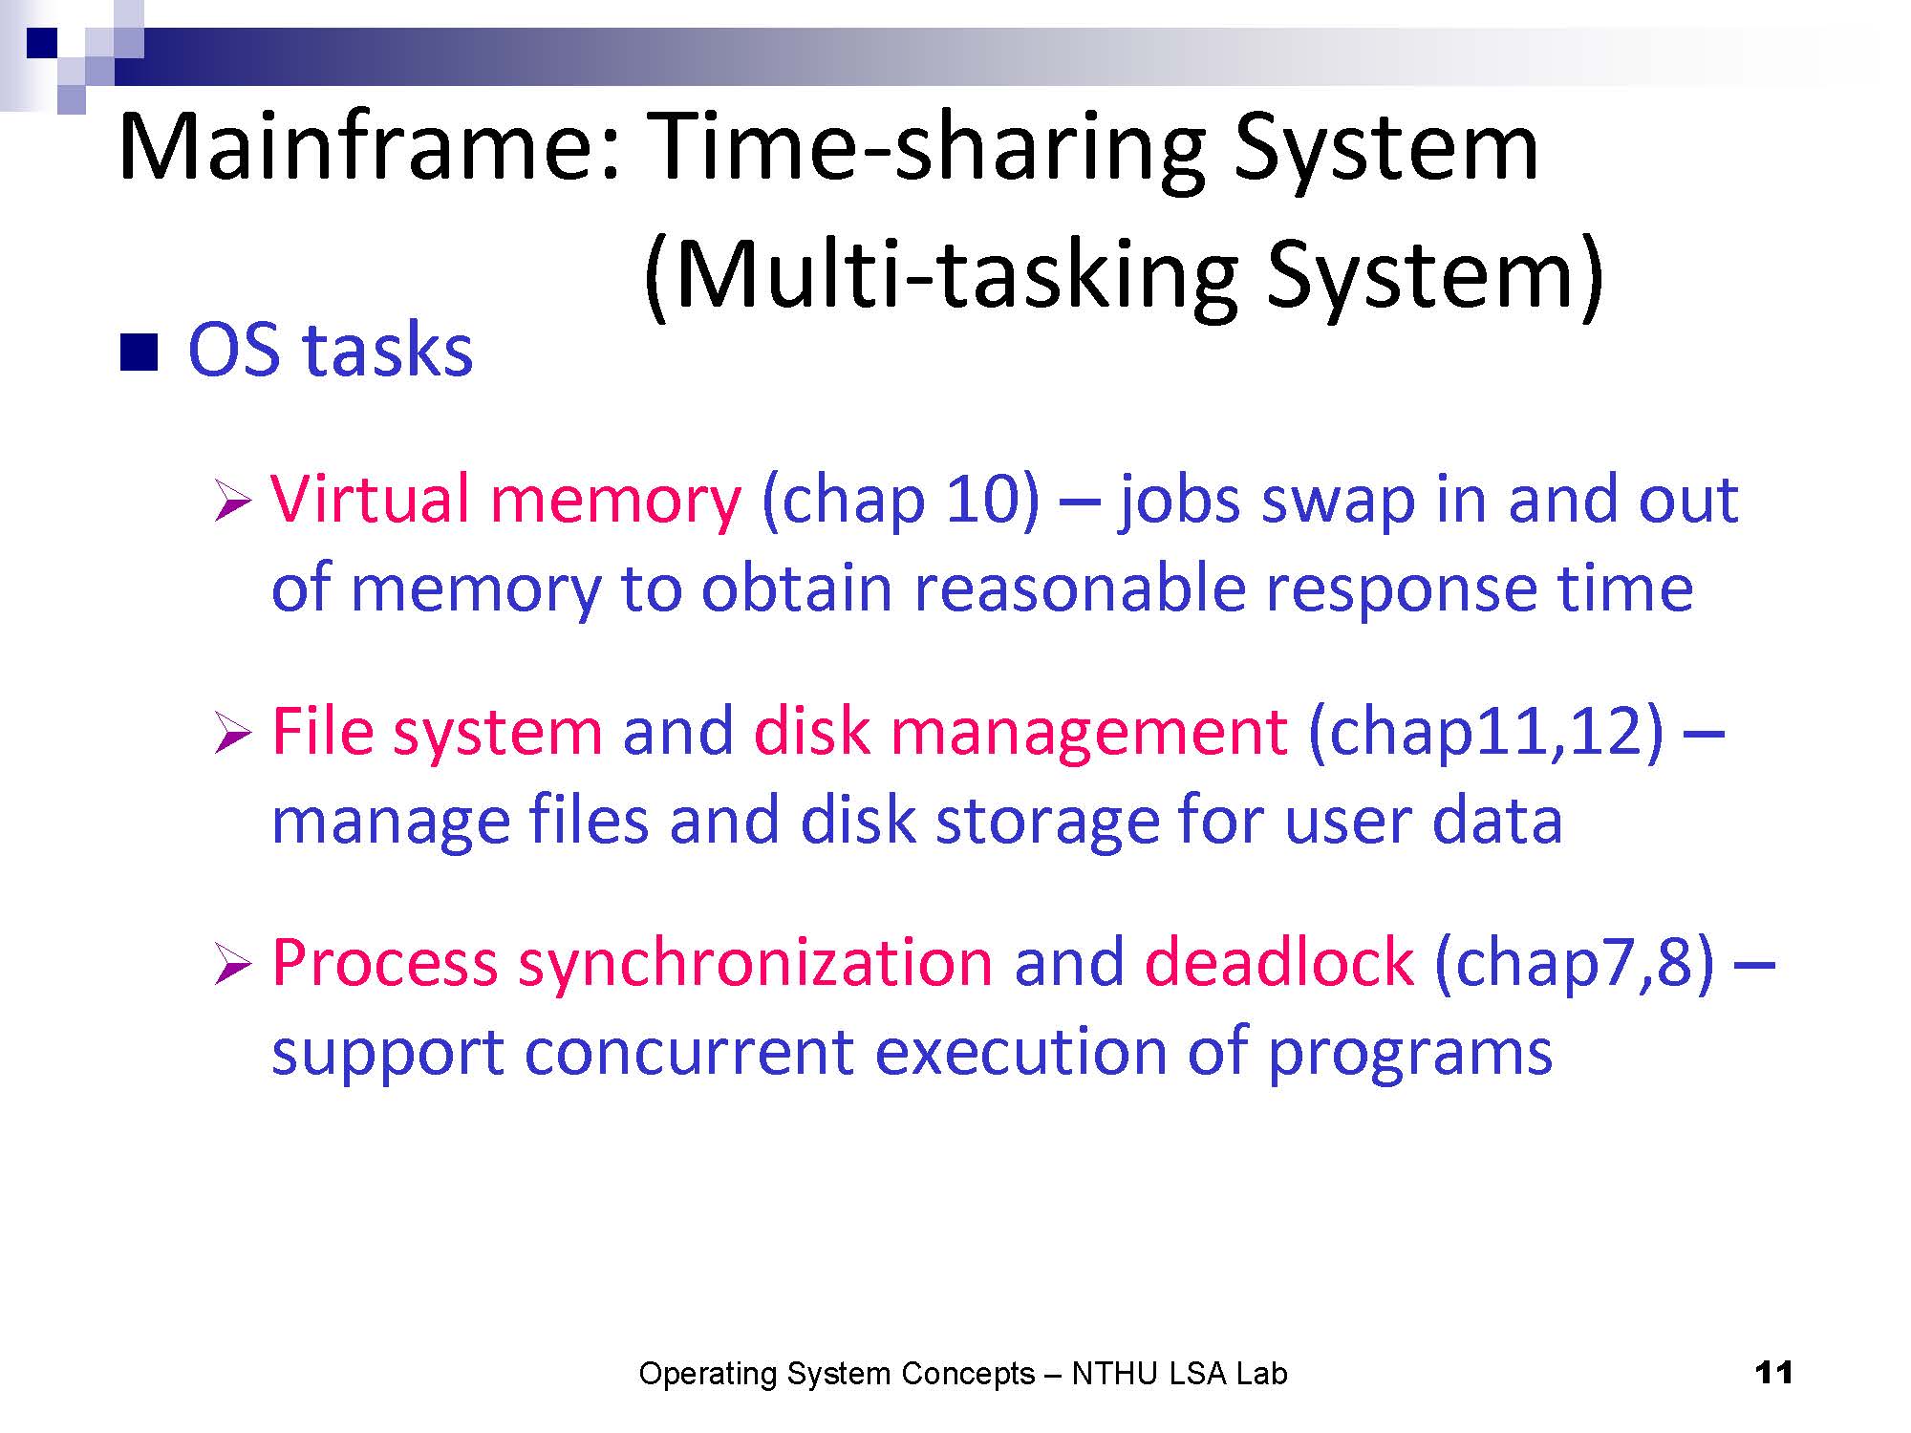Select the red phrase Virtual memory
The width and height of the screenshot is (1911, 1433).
(506, 501)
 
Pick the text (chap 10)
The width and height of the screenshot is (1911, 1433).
(900, 501)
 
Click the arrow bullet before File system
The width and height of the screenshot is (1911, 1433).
(232, 734)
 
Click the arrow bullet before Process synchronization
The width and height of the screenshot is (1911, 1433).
(232, 964)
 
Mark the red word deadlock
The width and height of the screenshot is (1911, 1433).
(1278, 961)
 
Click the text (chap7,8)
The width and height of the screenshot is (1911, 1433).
(1575, 963)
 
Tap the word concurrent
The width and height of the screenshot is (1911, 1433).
(689, 1053)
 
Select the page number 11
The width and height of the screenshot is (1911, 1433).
(1773, 1373)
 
